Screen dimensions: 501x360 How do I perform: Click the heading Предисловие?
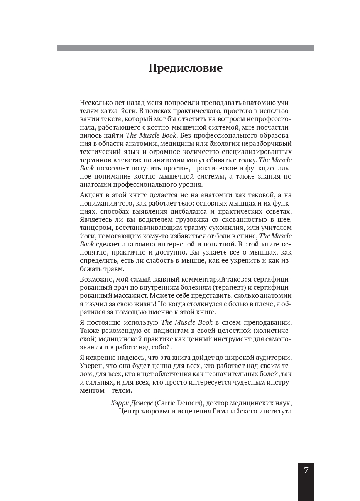[186, 68]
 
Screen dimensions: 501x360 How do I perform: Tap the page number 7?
[306, 470]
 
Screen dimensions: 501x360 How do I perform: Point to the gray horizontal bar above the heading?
[186, 48]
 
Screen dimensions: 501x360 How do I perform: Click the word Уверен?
[90, 365]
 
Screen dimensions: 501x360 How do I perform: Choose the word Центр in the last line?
[129, 412]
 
